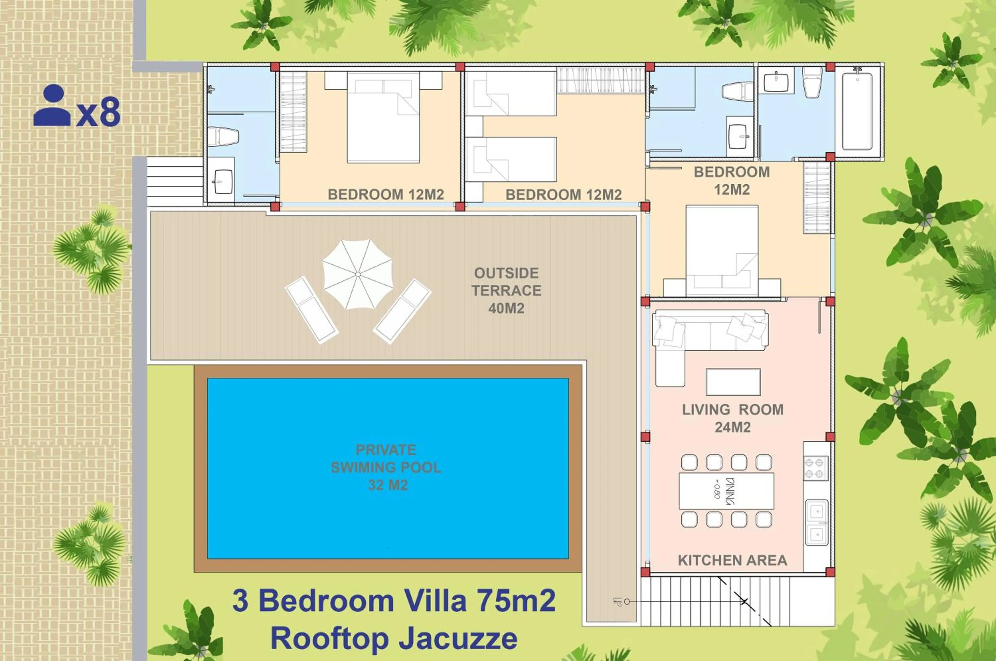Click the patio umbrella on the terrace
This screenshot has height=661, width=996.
[x=358, y=274]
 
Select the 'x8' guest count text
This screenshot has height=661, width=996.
[x=99, y=112]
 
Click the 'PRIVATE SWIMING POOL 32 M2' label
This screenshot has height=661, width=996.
[x=386, y=467]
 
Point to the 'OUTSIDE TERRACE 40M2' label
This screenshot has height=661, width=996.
[x=506, y=290]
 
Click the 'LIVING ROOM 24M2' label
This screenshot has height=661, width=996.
[x=733, y=418]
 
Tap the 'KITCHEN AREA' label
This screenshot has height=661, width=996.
[x=732, y=560]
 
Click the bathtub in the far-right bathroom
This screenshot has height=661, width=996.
[x=857, y=112]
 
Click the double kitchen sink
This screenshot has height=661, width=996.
[x=817, y=523]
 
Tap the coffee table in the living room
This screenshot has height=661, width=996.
[x=733, y=382]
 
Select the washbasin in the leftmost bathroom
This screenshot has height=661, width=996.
[x=222, y=181]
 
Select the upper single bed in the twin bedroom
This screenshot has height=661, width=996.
[x=511, y=94]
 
